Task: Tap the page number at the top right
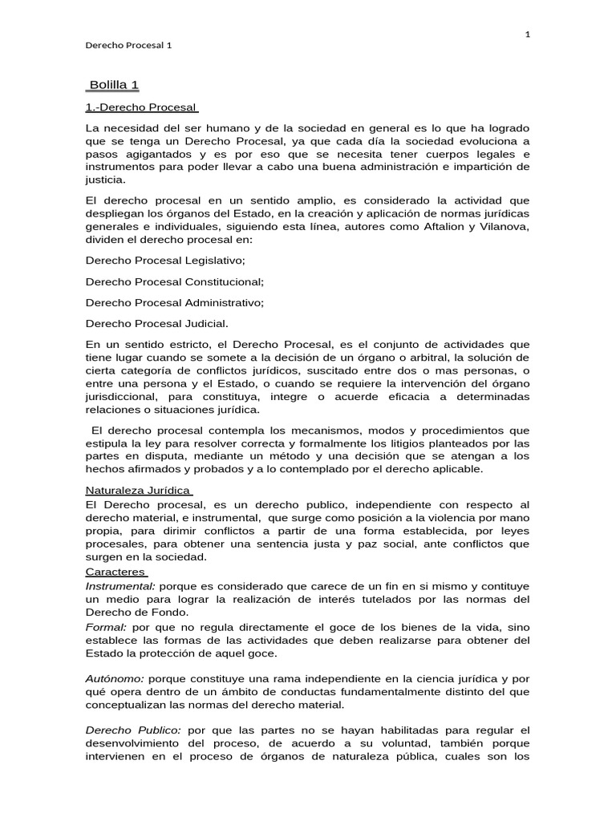527,34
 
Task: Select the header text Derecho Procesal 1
128,45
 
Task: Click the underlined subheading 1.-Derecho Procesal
141,107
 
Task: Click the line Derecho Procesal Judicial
156,323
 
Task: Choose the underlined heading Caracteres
115,572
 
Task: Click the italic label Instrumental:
120,586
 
